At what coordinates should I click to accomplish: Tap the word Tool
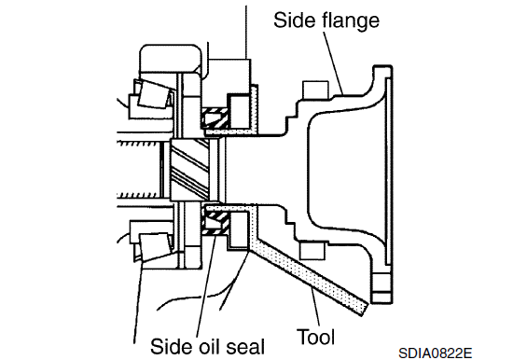tap(315, 337)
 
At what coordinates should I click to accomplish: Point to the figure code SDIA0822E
tap(436, 353)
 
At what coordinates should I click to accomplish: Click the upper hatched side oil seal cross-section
tap(215, 118)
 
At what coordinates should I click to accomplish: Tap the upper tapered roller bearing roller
tap(155, 94)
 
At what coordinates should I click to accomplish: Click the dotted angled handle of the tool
tap(309, 278)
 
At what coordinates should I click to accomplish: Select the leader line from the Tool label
tap(314, 307)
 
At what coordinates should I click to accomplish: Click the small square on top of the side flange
tap(315, 90)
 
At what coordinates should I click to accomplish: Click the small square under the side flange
tap(312, 251)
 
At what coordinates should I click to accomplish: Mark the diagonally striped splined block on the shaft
tap(189, 169)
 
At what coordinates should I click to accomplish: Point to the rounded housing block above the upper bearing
tap(171, 59)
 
